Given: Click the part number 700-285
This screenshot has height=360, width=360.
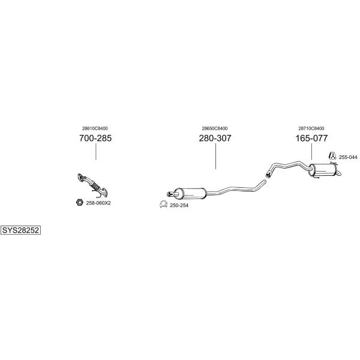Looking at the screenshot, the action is [95, 138].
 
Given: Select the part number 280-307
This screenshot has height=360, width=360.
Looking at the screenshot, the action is [215, 138].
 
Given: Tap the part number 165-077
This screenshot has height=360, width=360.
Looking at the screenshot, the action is [311, 138].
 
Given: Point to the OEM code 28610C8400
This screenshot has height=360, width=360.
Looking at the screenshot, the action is [95, 128].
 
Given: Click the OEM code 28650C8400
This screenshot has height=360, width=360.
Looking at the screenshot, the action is [215, 128].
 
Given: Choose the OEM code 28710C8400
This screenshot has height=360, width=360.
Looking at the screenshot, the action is [311, 128].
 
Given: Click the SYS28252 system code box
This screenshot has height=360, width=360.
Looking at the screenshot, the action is [20, 230].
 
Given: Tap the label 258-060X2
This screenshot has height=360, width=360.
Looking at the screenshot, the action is [98, 203].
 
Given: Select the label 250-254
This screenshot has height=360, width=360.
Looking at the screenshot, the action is [179, 205].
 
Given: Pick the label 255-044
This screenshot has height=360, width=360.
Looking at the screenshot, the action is [348, 157].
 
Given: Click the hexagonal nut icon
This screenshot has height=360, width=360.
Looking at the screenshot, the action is [79, 202].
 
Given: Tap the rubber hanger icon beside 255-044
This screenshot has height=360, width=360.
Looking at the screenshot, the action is [332, 155].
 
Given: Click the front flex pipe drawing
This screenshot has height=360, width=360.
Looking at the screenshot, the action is [92, 185].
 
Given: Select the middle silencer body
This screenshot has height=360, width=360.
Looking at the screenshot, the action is [191, 193].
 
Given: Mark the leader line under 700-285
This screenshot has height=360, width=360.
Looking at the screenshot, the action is [96, 151].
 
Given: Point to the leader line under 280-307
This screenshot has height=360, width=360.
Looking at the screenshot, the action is [215, 156].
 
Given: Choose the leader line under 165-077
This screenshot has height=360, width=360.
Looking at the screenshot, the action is [311, 151].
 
